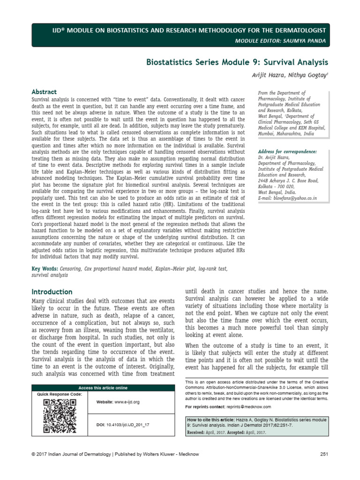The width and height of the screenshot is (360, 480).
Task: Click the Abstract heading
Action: coord(44,92)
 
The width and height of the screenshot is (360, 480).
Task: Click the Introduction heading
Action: coord(52,292)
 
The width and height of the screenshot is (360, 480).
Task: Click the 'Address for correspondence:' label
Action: coord(287,152)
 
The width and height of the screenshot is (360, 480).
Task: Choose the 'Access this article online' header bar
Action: coord(103,388)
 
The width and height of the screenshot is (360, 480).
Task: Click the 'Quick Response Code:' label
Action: coord(59,394)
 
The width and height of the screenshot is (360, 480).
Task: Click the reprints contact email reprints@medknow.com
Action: coord(248,406)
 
